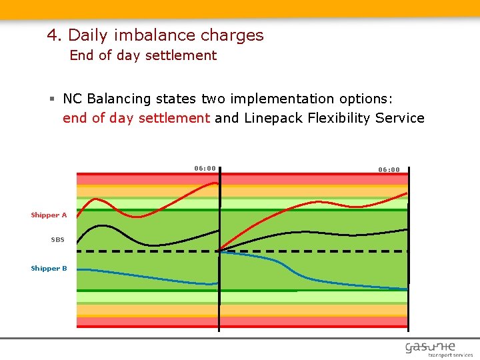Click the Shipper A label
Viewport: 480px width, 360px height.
pos(49,215)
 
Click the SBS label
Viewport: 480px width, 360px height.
pos(58,239)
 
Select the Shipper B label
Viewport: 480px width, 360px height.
pos(49,269)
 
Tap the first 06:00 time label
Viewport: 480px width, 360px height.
pos(205,168)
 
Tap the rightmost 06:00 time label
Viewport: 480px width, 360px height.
pos(389,169)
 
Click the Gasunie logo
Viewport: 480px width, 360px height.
pos(430,346)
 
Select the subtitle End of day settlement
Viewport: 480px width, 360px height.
pos(143,55)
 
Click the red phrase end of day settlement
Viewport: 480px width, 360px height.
pos(136,118)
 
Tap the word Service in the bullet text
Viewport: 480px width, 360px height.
pos(400,118)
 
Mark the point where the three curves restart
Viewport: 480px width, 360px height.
pos(219,251)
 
